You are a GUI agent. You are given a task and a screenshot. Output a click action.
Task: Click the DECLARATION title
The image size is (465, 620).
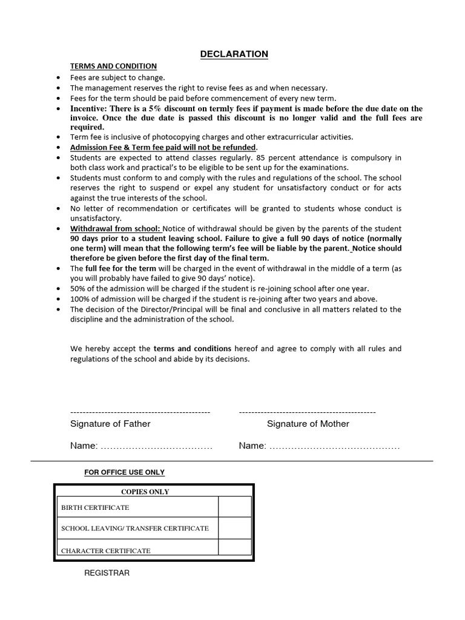pyautogui.click(x=234, y=54)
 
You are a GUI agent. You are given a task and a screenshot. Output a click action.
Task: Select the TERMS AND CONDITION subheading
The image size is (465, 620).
pyautogui.click(x=113, y=66)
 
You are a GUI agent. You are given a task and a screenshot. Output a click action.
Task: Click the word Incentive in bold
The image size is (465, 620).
pyautogui.click(x=89, y=108)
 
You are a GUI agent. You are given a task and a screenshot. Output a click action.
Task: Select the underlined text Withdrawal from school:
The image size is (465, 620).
pyautogui.click(x=116, y=229)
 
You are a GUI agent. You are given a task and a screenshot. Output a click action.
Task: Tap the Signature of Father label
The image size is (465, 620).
pyautogui.click(x=110, y=424)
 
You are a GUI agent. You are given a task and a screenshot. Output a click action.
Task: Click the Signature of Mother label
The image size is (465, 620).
pyautogui.click(x=308, y=424)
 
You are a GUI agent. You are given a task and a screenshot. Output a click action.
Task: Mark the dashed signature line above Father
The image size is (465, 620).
pyautogui.click(x=140, y=412)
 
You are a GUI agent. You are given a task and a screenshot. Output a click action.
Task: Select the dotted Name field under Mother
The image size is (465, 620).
pyautogui.click(x=334, y=447)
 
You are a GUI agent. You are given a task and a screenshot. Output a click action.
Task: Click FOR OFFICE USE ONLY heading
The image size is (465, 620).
pyautogui.click(x=124, y=472)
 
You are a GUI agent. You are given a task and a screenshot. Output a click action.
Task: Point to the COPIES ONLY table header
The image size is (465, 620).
pyautogui.click(x=145, y=492)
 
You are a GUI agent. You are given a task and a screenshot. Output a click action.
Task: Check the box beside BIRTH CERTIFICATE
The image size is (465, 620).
pyautogui.click(x=235, y=507)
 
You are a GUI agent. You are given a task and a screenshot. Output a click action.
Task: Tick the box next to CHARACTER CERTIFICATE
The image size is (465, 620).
pyautogui.click(x=235, y=547)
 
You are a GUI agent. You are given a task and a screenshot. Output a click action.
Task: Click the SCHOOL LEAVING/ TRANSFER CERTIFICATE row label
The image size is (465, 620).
pyautogui.click(x=135, y=528)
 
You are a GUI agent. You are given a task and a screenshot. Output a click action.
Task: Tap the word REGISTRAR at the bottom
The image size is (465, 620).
pyautogui.click(x=107, y=573)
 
